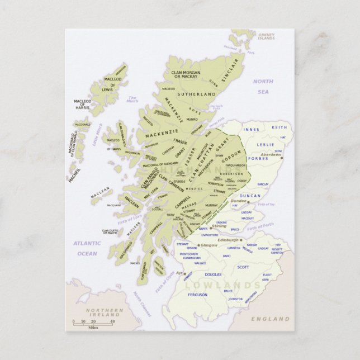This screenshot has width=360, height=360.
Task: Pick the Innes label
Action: point(252,129)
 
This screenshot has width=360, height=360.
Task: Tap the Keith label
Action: point(279,127)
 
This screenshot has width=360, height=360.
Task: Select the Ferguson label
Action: point(197,295)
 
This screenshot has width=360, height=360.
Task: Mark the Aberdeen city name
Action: point(271,154)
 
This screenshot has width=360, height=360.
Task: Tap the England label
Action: point(270,319)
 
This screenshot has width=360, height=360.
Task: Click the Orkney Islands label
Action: point(266,36)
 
